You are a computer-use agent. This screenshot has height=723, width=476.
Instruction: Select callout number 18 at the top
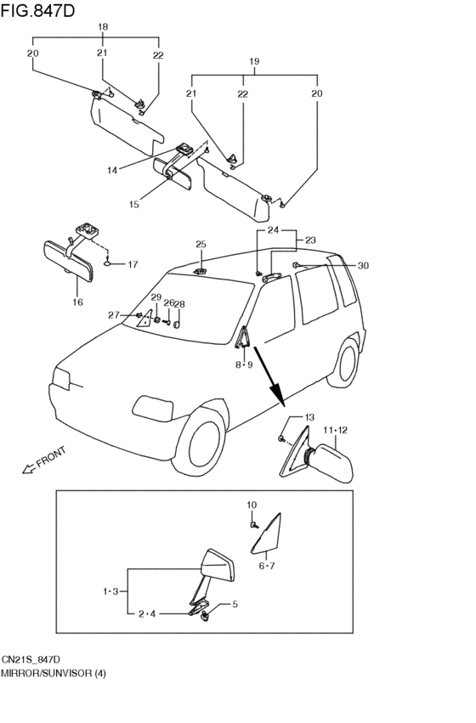[x=103, y=27]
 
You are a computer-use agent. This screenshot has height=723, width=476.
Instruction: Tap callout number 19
[x=253, y=62]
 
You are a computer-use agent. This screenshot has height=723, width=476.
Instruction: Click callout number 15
[x=133, y=205]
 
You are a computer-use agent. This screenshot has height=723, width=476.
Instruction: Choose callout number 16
[x=77, y=302]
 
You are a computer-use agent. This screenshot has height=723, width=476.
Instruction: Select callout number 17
[x=133, y=264]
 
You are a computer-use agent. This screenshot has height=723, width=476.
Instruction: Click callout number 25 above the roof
[x=201, y=245]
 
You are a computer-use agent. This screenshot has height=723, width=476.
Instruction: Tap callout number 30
[x=363, y=266]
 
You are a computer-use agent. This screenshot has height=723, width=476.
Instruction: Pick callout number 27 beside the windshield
[x=114, y=315]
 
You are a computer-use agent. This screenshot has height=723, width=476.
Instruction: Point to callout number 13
[x=309, y=417]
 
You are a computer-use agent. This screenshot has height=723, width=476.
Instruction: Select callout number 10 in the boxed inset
[x=252, y=506]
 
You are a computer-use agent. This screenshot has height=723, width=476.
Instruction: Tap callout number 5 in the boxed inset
[x=235, y=605]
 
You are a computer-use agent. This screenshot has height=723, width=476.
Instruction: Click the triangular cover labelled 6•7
[x=274, y=535]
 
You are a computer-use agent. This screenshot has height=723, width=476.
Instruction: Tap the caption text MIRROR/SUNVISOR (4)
[x=52, y=673]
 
